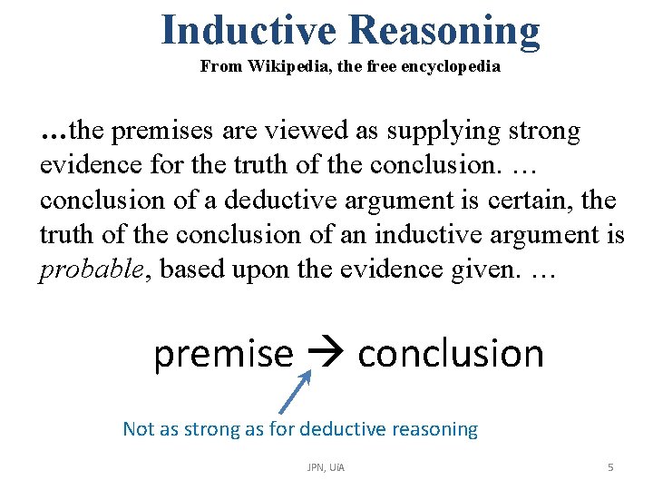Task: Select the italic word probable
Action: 79,269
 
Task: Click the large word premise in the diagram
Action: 223,353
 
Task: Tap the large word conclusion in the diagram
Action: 451,353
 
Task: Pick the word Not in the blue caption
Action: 138,429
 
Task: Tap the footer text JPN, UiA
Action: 326,467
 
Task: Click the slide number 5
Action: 610,467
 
